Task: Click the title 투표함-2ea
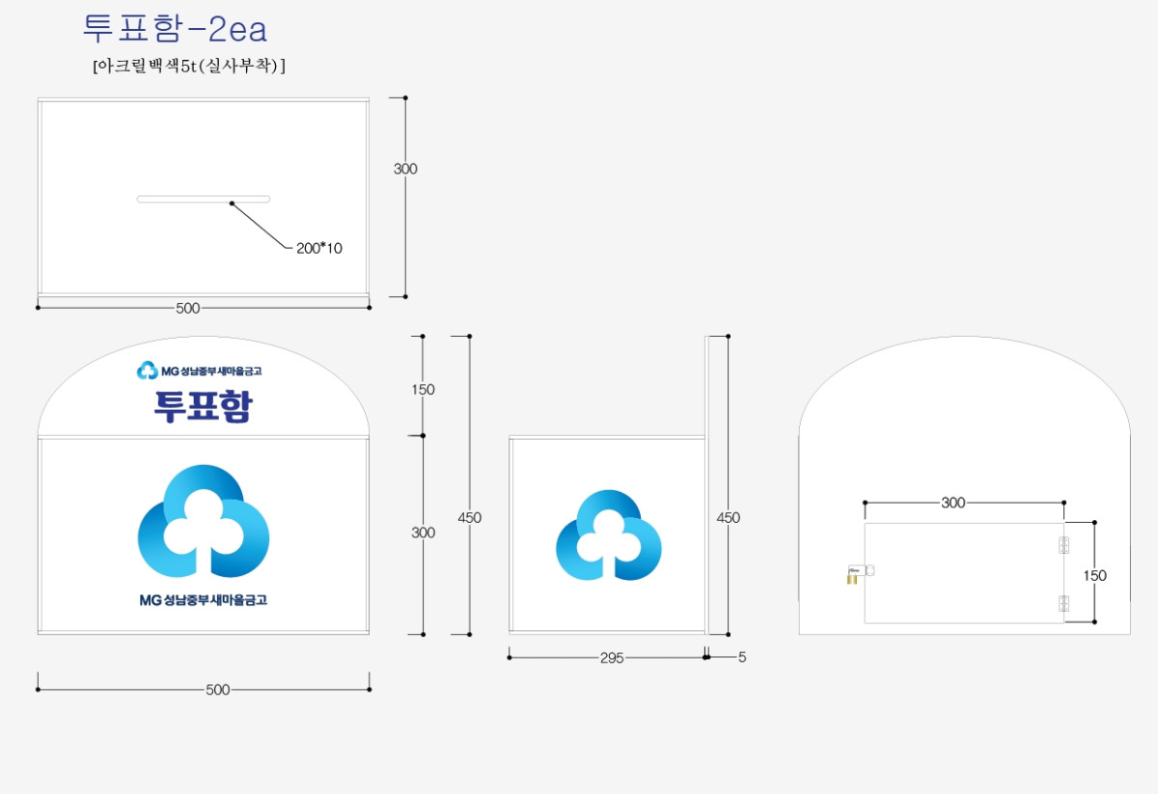[x=175, y=28]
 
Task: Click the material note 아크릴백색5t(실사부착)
[x=189, y=66]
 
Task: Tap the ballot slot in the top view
[x=204, y=199]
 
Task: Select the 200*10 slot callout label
[x=319, y=248]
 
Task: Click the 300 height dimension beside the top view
[x=405, y=169]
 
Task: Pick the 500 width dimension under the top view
[x=187, y=308]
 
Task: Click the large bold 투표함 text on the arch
[x=204, y=406]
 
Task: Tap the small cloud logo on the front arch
[x=148, y=370]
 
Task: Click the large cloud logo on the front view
[x=204, y=521]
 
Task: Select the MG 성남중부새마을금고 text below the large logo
[x=204, y=600]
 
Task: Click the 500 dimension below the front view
[x=218, y=690]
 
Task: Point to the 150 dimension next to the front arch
[x=423, y=390]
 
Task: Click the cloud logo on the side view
[x=609, y=535]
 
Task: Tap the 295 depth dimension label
[x=612, y=658]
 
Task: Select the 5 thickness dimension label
[x=742, y=657]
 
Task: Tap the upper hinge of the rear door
[x=1063, y=545]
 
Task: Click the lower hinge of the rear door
[x=1063, y=603]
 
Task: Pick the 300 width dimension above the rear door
[x=953, y=503]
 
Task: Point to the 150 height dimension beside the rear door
[x=1095, y=575]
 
